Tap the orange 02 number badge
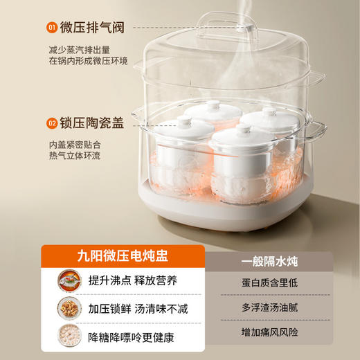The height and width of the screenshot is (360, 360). point(51,123)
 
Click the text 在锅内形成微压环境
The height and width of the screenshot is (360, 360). point(88,62)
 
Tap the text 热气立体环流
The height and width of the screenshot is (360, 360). point(75,157)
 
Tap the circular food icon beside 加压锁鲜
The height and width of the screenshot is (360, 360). point(70,310)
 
